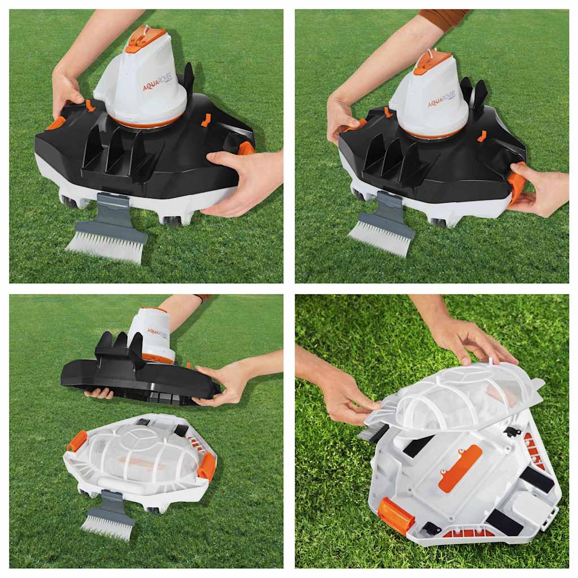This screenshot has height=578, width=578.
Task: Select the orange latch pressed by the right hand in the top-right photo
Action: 516,185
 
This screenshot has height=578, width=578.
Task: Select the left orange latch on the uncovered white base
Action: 77,441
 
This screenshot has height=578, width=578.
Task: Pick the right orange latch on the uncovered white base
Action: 207,466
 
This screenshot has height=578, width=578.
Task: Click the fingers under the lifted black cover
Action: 99,393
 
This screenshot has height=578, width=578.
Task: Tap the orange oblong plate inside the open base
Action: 460,467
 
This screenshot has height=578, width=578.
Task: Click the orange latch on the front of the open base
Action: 396,515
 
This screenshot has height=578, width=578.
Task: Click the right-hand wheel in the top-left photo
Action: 173,221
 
